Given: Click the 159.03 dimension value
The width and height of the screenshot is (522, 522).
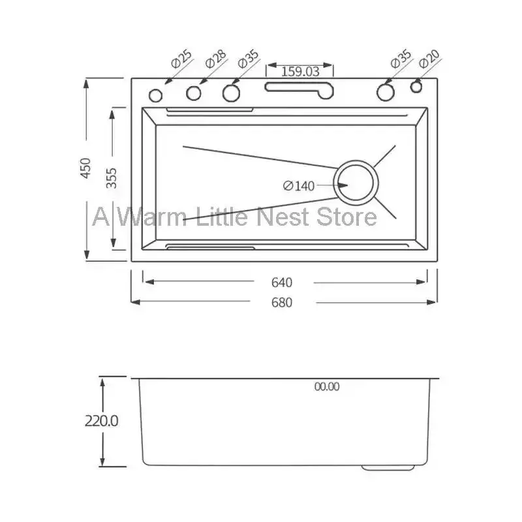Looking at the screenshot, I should click(x=300, y=71).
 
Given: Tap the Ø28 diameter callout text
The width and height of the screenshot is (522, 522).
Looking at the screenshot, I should click(x=215, y=61).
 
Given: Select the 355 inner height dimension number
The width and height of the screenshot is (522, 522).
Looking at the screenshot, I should click(x=112, y=178).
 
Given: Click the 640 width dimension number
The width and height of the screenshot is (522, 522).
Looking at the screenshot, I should click(x=282, y=282).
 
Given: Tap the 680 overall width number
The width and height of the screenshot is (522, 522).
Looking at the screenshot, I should click(x=282, y=302).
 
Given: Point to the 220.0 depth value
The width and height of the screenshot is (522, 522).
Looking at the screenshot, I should click(x=101, y=421).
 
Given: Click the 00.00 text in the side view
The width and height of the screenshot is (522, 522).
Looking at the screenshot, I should click(x=326, y=386).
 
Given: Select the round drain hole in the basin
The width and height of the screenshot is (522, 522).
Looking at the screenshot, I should click(x=356, y=181).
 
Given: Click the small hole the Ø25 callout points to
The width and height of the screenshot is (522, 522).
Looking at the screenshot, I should click(x=156, y=95).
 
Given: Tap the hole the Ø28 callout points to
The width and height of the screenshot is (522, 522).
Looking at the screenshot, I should click(x=194, y=94).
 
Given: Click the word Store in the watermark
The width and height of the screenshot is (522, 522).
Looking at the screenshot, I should click(x=346, y=216).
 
